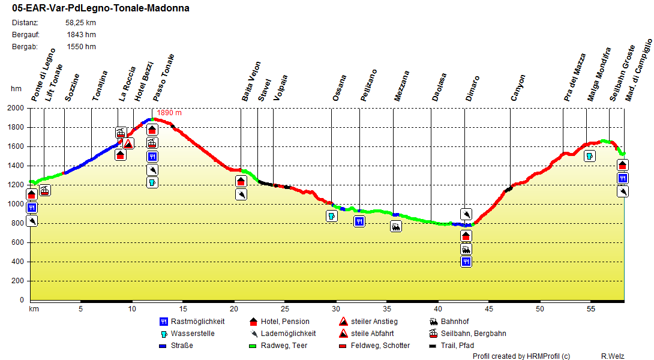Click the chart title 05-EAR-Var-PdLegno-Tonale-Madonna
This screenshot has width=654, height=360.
point(101,8)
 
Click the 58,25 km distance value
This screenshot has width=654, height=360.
point(80,23)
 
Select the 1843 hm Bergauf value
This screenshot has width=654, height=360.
point(81,35)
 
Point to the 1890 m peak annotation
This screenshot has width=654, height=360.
point(169,113)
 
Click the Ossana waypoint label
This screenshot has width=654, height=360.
point(340,88)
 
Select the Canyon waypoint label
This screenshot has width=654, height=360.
point(518,88)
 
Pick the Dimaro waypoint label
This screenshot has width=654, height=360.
point(473,88)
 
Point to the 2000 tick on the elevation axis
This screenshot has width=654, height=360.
point(17,109)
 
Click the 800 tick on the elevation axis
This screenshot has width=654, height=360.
point(19,224)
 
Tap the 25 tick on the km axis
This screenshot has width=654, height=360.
point(285,309)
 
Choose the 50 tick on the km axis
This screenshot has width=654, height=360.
point(540,309)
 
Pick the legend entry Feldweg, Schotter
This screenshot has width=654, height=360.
point(380,346)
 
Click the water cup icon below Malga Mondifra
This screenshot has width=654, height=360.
point(589,156)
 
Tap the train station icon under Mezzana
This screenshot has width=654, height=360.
point(396,226)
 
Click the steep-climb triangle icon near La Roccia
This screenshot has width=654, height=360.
point(128,143)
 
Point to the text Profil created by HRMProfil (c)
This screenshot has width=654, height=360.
point(521,356)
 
